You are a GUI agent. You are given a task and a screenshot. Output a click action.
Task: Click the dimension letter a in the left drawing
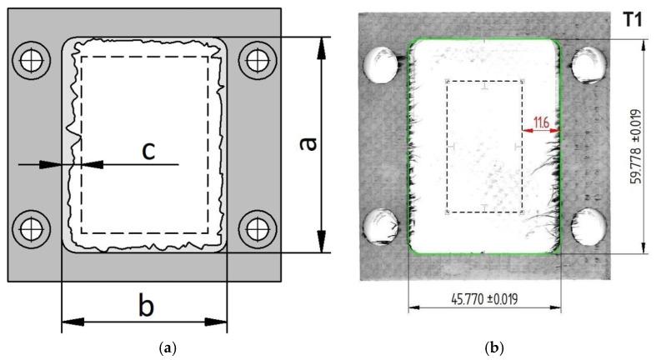[308, 145]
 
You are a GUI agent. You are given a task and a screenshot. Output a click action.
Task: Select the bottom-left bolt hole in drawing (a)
[32, 226]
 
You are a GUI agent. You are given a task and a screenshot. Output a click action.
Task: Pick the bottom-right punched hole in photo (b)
[588, 227]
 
